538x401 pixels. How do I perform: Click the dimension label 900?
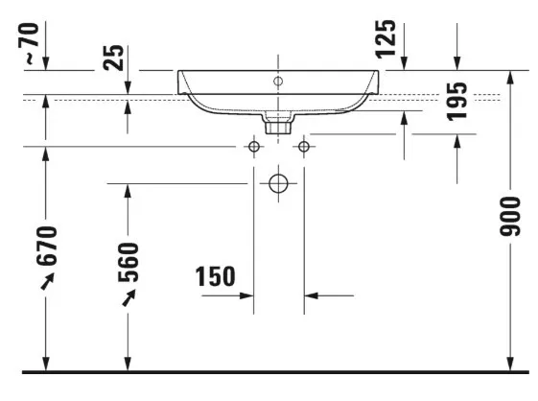(x=510, y=216)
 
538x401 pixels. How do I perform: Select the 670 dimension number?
(x=47, y=246)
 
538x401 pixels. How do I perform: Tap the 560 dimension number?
(x=129, y=262)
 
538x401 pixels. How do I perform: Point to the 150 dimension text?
(x=216, y=276)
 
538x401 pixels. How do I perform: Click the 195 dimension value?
(x=457, y=102)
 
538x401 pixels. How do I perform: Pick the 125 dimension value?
(x=386, y=39)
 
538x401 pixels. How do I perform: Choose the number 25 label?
(x=113, y=58)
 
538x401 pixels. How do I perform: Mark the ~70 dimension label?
(x=29, y=43)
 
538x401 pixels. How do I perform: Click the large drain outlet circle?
(x=278, y=183)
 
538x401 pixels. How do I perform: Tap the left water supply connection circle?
(x=254, y=147)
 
